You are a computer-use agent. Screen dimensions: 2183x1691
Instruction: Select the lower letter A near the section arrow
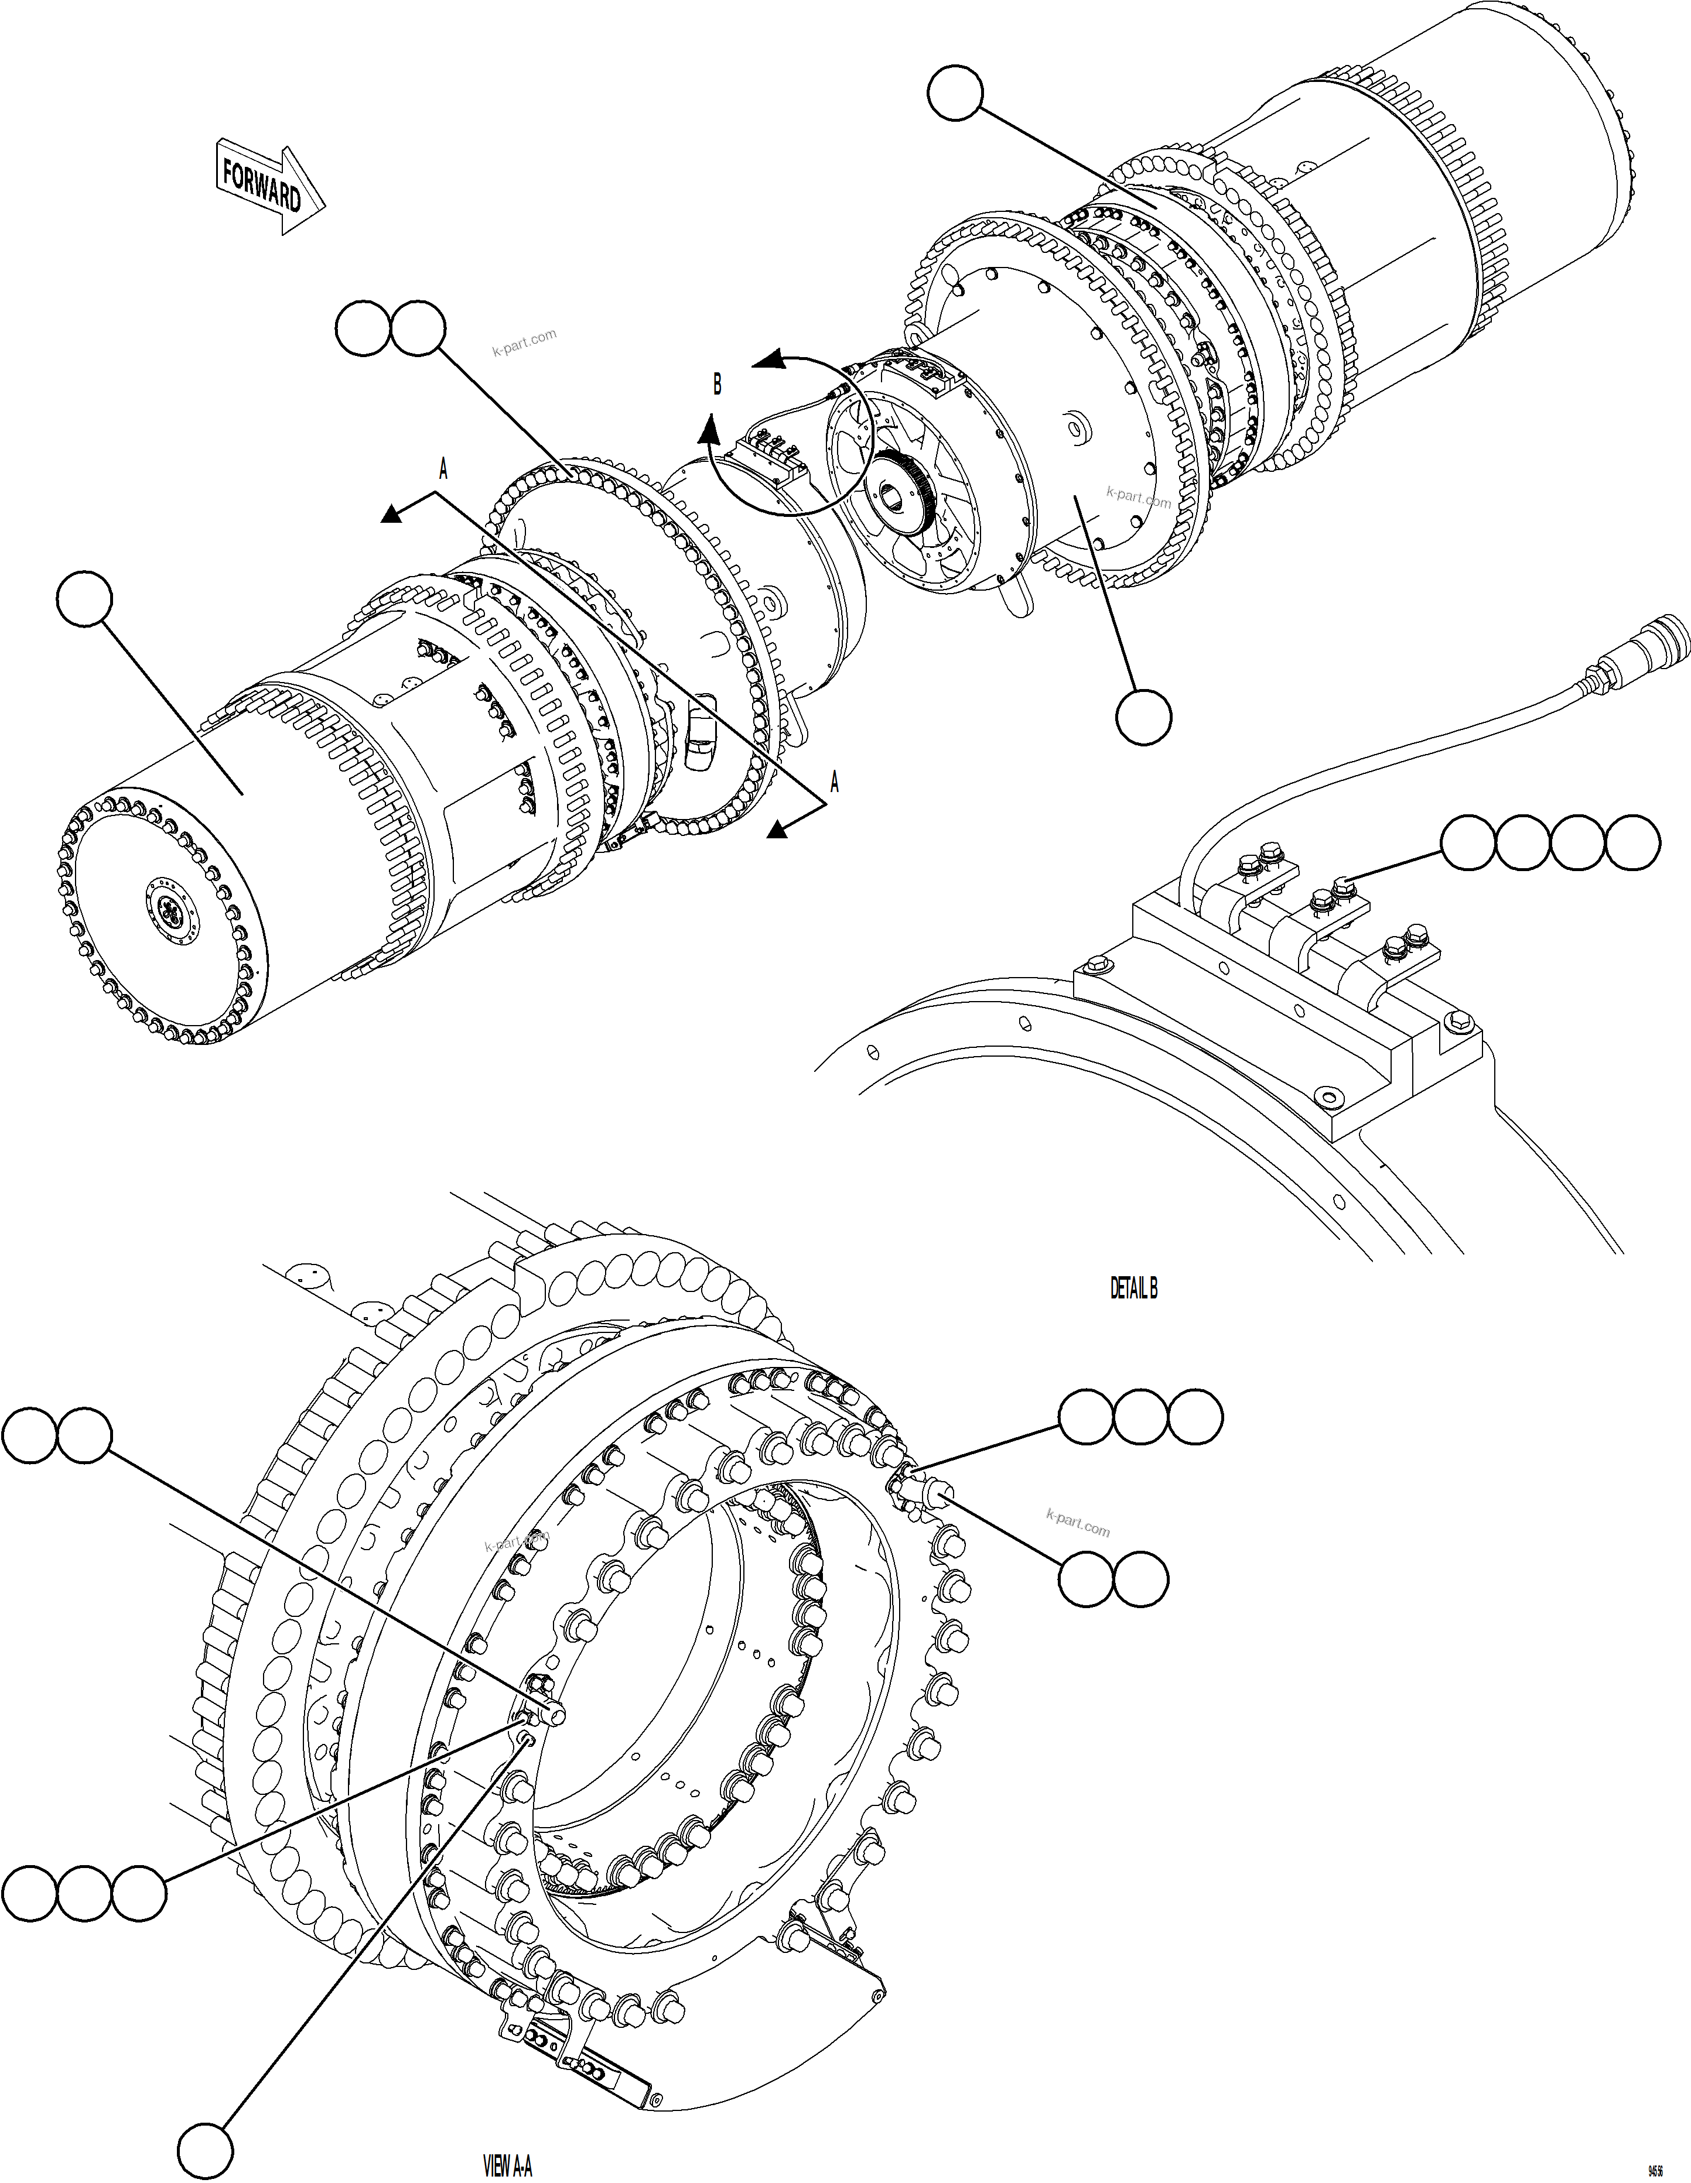pos(834,783)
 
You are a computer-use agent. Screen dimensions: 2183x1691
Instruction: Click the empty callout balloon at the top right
pos(955,93)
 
